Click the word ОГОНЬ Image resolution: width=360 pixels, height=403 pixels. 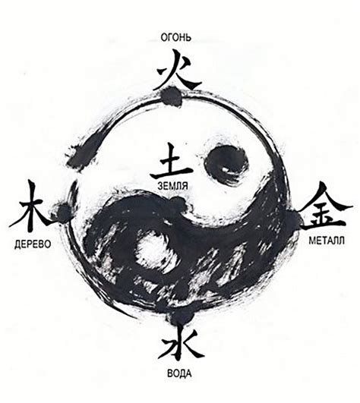(176, 37)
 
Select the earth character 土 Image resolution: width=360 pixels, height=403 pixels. (171, 162)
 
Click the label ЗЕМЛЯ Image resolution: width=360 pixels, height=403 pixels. (173, 186)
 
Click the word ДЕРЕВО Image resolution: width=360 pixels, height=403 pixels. (33, 244)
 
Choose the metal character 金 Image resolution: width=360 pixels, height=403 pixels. (324, 207)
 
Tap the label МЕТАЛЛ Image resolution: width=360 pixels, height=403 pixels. (327, 241)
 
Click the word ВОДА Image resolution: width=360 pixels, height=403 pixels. (179, 373)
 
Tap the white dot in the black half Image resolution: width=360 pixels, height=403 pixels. (152, 249)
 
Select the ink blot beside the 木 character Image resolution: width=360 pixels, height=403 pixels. (62, 212)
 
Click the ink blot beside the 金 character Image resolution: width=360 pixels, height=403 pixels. (292, 219)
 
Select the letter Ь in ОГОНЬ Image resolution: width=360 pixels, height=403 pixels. (189, 37)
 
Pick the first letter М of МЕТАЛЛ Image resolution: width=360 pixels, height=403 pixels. (311, 241)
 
